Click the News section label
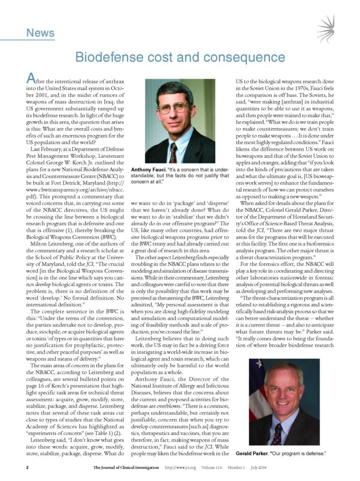click(x=40, y=33)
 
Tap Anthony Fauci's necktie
click(x=173, y=153)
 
